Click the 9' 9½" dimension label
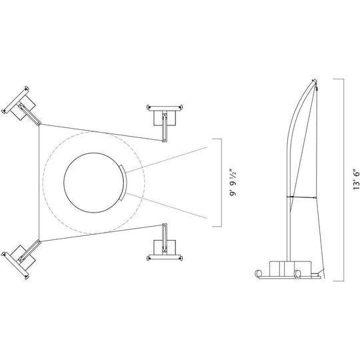(x=233, y=183)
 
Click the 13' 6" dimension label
(x=356, y=180)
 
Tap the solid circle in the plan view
(x=95, y=183)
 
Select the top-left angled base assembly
(x=21, y=105)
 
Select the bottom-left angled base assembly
(x=21, y=259)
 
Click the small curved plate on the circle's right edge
(x=124, y=183)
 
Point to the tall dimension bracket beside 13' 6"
(x=343, y=180)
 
